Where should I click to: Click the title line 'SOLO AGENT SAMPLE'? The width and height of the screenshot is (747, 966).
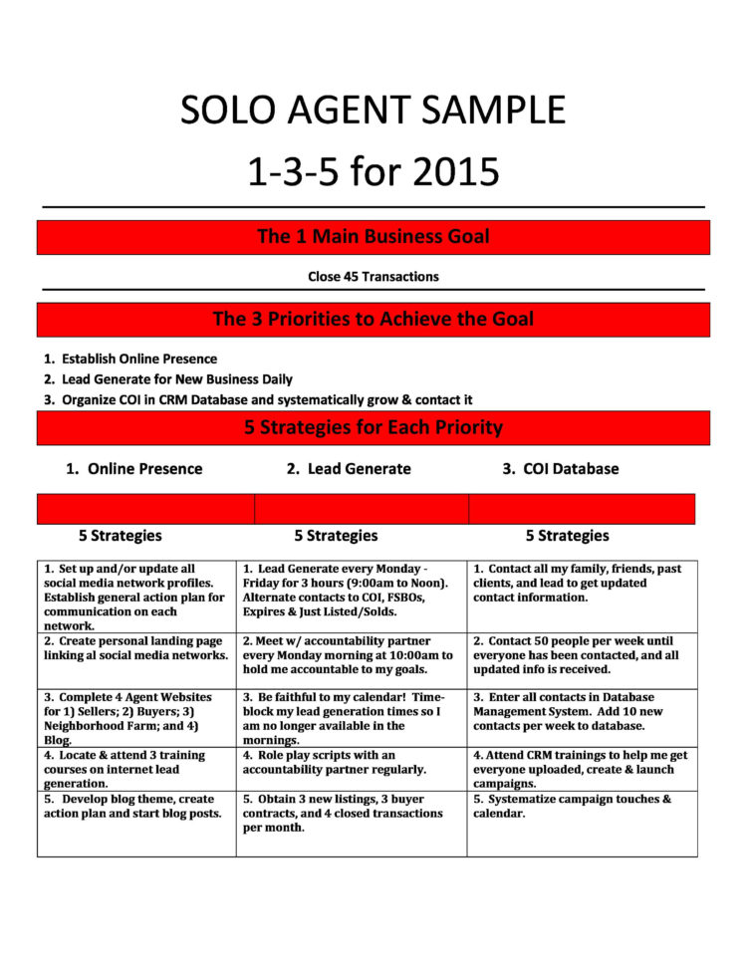[x=373, y=110]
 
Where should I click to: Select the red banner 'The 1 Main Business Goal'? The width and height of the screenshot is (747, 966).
[x=373, y=237]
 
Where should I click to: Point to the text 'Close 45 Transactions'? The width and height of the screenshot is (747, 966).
[x=373, y=276]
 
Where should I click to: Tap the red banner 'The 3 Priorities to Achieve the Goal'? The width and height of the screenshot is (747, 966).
[x=373, y=320]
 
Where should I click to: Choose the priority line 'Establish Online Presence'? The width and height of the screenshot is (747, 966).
[x=138, y=359]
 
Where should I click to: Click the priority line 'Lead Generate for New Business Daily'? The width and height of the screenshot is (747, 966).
[x=176, y=379]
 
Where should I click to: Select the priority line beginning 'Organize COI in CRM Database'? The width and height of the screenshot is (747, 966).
[x=266, y=400]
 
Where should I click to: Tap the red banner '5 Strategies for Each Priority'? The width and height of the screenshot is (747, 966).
[x=373, y=428]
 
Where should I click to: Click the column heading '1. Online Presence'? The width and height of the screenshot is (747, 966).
[x=133, y=469]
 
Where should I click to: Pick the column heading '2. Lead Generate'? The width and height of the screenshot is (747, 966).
[x=348, y=469]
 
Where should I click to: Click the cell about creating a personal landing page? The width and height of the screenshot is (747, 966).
[x=136, y=649]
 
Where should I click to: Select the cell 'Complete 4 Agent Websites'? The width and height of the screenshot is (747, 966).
[x=136, y=718]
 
